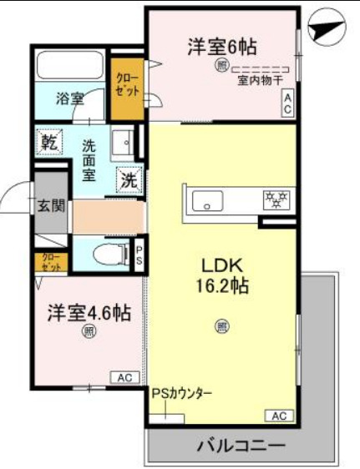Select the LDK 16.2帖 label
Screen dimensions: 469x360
coord(221,275)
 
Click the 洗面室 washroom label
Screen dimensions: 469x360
coord(89,160)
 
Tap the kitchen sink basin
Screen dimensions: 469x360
coord(205,200)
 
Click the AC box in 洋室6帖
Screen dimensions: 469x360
coord(286,103)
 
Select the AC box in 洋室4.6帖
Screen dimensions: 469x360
coord(124,378)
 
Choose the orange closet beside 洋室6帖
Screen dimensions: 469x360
coord(128,83)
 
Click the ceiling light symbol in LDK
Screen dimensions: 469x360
coord(221,326)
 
